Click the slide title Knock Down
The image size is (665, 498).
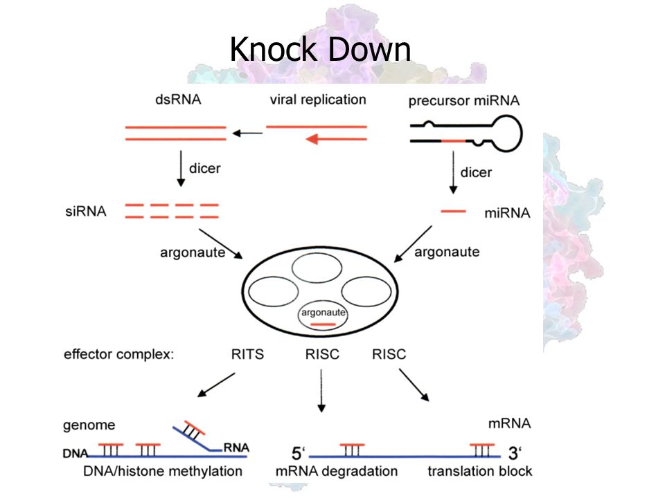tap(320, 49)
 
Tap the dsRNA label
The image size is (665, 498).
tap(178, 100)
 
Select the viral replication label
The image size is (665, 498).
tap(318, 100)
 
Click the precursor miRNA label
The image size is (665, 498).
tap(464, 100)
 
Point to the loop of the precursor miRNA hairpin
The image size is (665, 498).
tap(522, 133)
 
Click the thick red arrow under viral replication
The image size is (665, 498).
tap(337, 139)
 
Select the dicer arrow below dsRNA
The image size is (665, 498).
tap(181, 168)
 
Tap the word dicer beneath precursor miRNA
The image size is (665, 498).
tap(477, 172)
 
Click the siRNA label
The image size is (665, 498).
tap(86, 211)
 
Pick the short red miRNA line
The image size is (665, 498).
tap(453, 211)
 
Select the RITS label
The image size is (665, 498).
tap(248, 354)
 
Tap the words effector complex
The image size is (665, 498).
tap(118, 354)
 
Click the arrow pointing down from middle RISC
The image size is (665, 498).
tap(321, 390)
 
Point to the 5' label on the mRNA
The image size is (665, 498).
tap(298, 453)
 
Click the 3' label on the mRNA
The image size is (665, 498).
tap(515, 453)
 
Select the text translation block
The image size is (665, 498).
tap(479, 471)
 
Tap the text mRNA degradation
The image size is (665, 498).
tap(337, 471)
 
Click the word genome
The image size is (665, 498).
tap(89, 425)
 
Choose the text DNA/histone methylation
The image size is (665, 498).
tap(163, 471)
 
